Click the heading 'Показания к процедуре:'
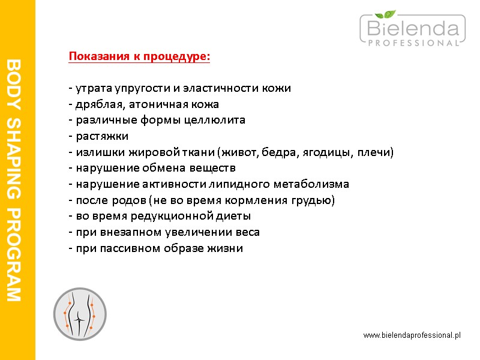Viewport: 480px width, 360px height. tap(140, 56)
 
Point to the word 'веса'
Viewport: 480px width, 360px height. tap(248, 232)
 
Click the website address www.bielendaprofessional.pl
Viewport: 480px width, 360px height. tap(412, 335)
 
